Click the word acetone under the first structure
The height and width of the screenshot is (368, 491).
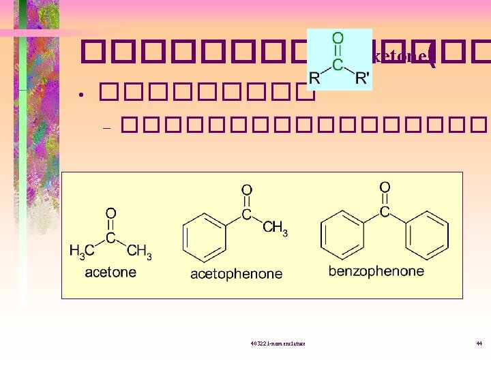pyautogui.click(x=110, y=272)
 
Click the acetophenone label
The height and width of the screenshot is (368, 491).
pyautogui.click(x=236, y=274)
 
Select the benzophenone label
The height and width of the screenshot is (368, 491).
pyautogui.click(x=376, y=271)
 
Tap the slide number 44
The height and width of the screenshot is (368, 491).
pyautogui.click(x=479, y=343)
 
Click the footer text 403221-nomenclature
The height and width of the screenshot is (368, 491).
pyautogui.click(x=278, y=343)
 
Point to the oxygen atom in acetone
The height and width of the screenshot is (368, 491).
pyautogui.click(x=110, y=214)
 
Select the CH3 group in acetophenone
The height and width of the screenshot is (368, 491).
pyautogui.click(x=275, y=228)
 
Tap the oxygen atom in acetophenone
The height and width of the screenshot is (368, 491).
pyautogui.click(x=247, y=190)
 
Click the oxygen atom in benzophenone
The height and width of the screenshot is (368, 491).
pyautogui.click(x=385, y=187)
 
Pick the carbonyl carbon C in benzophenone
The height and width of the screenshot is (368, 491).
pyautogui.click(x=385, y=212)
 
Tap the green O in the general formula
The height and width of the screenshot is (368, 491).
pyautogui.click(x=338, y=39)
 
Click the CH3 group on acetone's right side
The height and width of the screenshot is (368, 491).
pyautogui.click(x=139, y=251)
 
